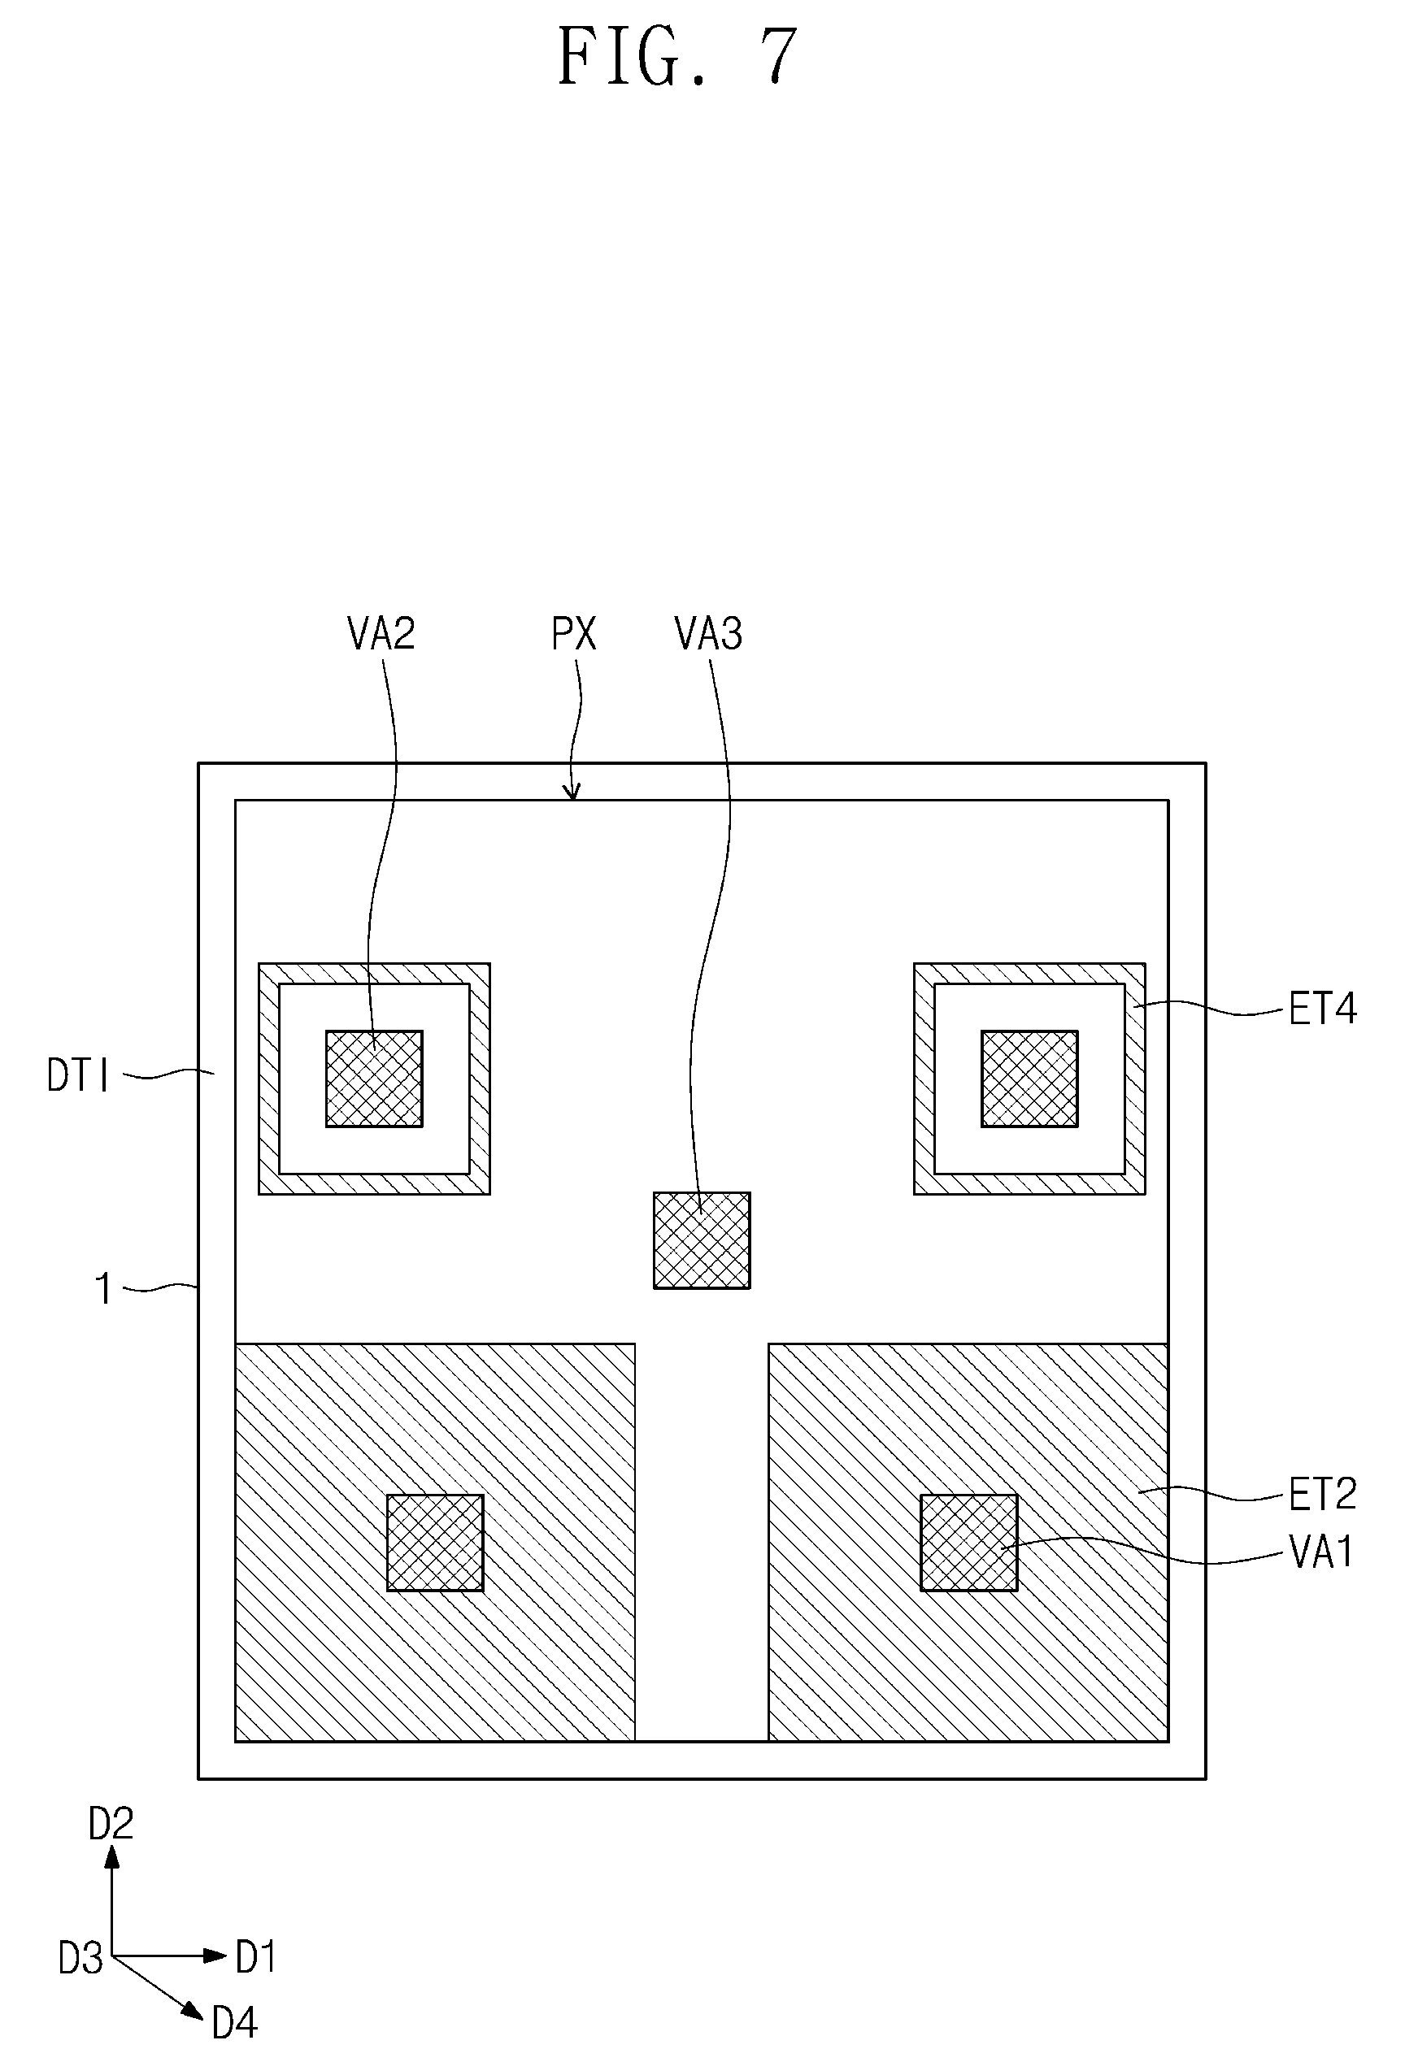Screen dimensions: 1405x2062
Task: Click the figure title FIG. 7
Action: (x=678, y=57)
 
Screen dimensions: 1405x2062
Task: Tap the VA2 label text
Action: (x=381, y=635)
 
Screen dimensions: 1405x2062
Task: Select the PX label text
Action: (x=573, y=635)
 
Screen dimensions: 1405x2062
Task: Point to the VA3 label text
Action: (x=708, y=635)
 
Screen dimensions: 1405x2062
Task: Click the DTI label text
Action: (x=78, y=1076)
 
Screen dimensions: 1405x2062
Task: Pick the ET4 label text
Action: (x=1322, y=1009)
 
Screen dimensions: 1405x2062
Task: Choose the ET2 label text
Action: (x=1322, y=1495)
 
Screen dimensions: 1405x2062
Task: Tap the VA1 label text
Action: (x=1320, y=1552)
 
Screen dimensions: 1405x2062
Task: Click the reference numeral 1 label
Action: (x=104, y=1289)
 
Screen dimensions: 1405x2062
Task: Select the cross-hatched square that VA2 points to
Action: (x=374, y=1079)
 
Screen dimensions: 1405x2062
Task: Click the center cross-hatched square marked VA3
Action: (x=702, y=1240)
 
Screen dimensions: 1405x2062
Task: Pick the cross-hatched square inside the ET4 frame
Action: (x=1029, y=1079)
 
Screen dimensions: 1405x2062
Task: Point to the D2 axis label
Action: (x=111, y=1824)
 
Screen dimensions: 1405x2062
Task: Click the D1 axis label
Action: (x=255, y=1956)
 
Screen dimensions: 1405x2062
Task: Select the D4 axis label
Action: (x=234, y=2023)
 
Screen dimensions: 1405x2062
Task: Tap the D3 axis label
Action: (x=80, y=1958)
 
